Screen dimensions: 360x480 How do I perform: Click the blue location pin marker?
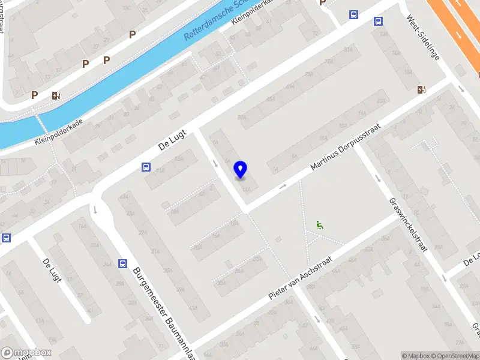click(241, 170)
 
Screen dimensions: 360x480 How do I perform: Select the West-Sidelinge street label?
click(423, 37)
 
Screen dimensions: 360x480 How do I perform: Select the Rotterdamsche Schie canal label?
click(210, 23)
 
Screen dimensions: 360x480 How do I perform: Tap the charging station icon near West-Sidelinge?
click(422, 89)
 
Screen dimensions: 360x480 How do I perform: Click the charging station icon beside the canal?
click(56, 95)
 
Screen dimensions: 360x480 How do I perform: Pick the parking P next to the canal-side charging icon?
click(35, 95)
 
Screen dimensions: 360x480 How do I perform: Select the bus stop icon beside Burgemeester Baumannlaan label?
click(122, 263)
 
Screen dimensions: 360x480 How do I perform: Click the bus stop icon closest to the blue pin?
click(146, 167)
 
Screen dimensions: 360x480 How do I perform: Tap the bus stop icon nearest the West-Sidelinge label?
click(379, 21)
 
